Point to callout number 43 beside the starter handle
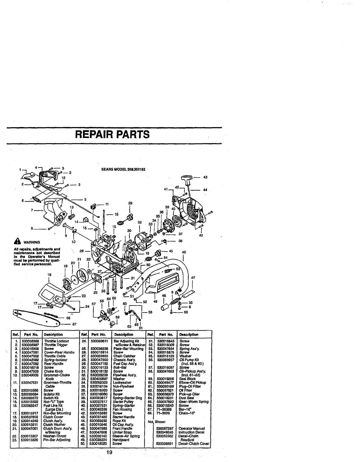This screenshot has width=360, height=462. [x=205, y=177]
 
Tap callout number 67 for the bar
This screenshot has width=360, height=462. [x=74, y=324]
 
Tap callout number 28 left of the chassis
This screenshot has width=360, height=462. [x=81, y=251]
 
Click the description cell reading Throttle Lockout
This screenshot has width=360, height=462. [x=56, y=341]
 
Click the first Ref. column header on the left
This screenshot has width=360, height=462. [x=15, y=334]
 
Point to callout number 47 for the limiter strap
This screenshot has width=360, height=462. [x=193, y=278]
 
